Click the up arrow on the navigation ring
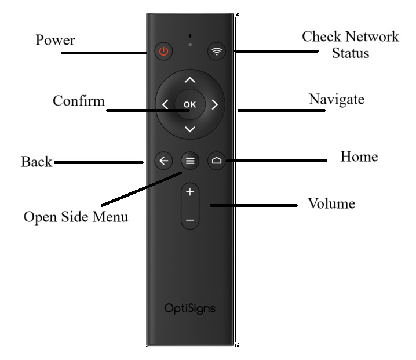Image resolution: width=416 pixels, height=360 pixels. tap(190, 80)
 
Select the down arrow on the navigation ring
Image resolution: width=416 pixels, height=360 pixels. tap(190, 129)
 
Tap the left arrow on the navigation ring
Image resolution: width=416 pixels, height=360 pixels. tap(166, 105)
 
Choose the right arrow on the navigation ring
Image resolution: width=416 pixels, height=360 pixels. tap(214, 105)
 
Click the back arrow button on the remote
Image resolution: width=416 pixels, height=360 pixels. tap(163, 161)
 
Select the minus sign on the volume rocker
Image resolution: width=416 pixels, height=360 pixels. tap(190, 221)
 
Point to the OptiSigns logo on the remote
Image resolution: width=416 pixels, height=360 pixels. tap(190, 308)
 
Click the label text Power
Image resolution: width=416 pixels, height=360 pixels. tap(55, 41)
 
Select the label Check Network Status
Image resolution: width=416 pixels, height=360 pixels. tap(351, 45)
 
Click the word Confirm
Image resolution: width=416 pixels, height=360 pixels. tap(79, 100)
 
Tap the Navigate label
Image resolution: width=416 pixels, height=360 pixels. tap(337, 99)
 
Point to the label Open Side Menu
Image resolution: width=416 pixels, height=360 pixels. tap(76, 217)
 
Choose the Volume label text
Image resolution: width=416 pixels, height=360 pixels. tap(331, 204)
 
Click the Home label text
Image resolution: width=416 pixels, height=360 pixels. tap(359, 157)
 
